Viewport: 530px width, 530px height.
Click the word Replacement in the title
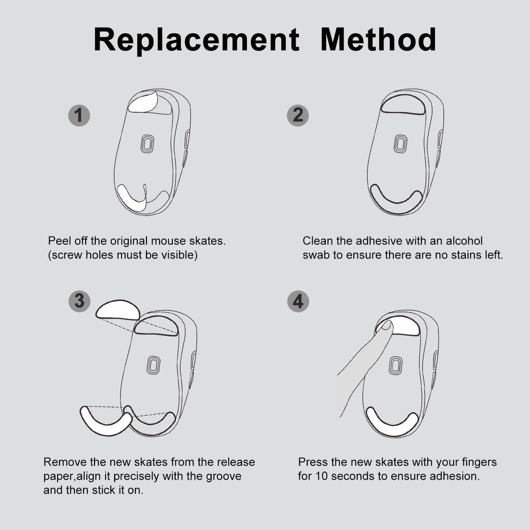click(x=196, y=40)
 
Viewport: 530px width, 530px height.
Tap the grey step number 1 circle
click(x=79, y=115)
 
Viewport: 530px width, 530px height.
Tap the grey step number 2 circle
click(x=298, y=115)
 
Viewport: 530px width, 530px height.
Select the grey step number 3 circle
click(x=80, y=301)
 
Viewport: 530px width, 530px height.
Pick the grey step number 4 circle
click(x=298, y=301)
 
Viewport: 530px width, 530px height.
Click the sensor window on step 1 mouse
click(x=147, y=143)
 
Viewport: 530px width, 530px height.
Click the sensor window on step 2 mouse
click(x=401, y=143)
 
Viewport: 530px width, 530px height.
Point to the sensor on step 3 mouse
click(x=153, y=365)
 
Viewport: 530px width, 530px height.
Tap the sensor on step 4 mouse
click(x=395, y=366)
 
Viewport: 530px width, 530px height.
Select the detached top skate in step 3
click(x=118, y=310)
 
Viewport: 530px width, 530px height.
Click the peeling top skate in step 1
click(x=143, y=102)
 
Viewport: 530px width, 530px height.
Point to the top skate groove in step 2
click(x=403, y=105)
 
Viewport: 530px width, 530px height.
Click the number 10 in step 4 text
click(x=321, y=476)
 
